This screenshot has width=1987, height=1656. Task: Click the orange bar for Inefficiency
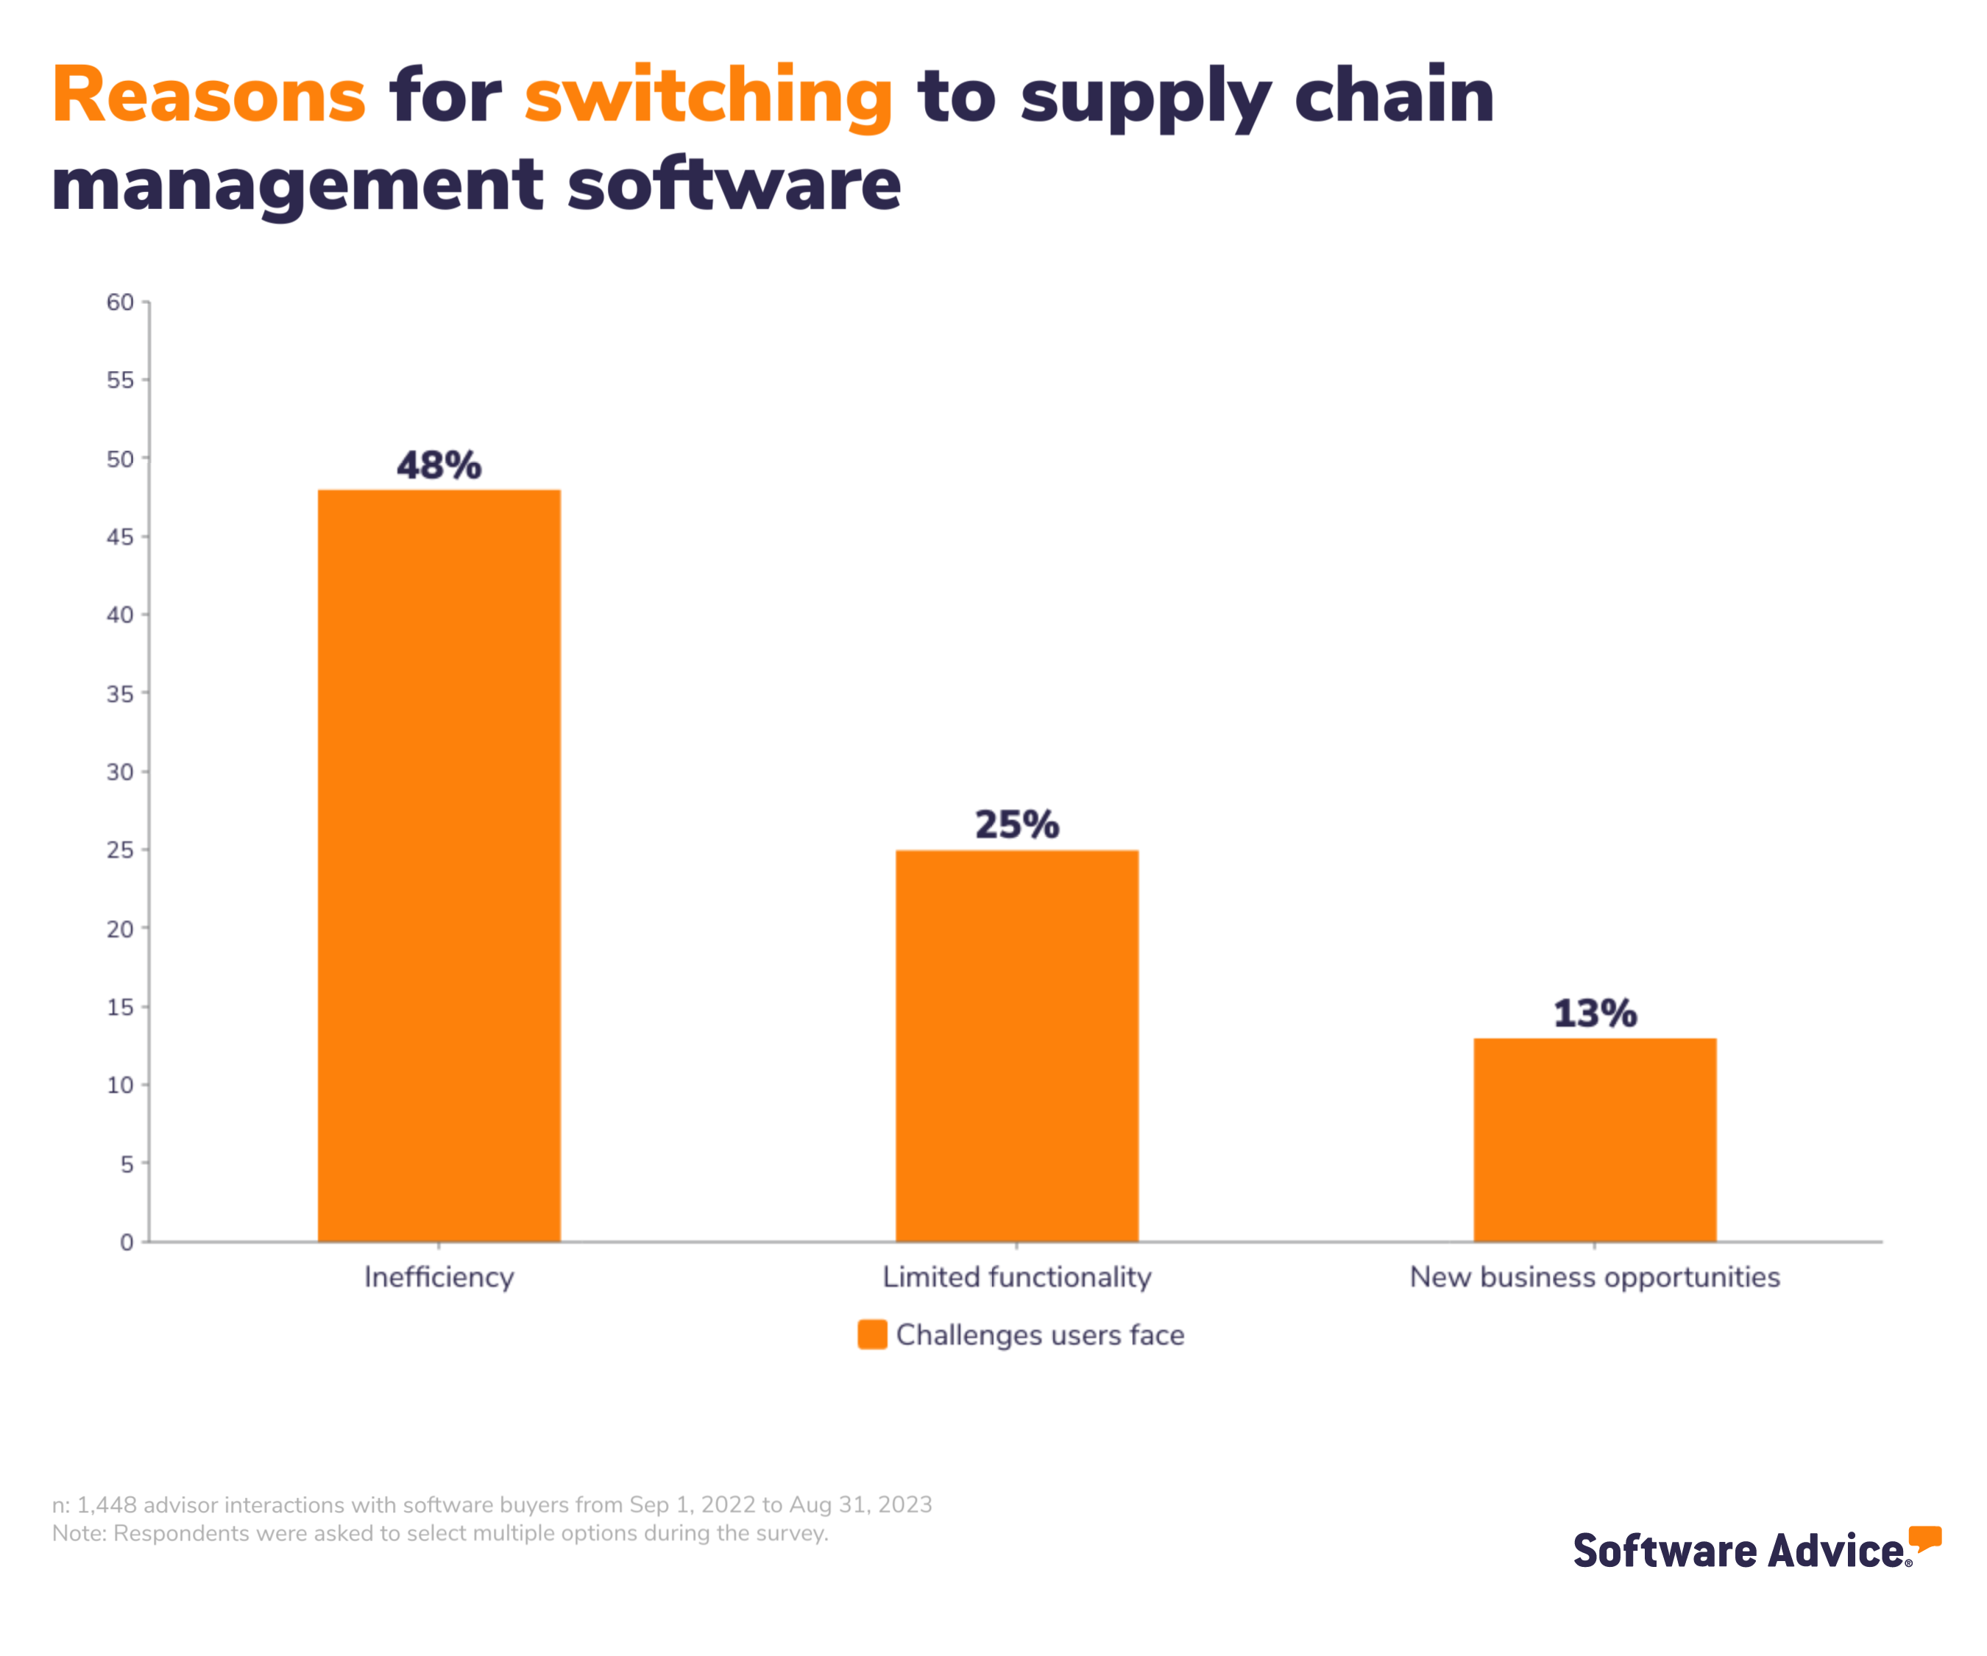tap(439, 865)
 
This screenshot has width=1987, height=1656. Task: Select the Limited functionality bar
tap(1017, 1046)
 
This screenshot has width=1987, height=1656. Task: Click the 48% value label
tap(439, 466)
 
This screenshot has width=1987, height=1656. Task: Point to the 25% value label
tap(1017, 824)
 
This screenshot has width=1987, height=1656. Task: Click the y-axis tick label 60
tap(120, 302)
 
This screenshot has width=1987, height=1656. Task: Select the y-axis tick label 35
tap(120, 693)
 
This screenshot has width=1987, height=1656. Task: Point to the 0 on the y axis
tap(127, 1242)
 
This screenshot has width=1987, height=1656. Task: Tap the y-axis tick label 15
tap(120, 1007)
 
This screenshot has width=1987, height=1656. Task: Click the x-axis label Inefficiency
tap(439, 1278)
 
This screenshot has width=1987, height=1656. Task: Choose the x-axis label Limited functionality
tap(1017, 1278)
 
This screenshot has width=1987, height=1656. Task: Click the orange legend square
tap(871, 1334)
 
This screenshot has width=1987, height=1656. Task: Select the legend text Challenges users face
tap(1040, 1334)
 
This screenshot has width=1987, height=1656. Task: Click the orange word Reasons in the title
tap(209, 96)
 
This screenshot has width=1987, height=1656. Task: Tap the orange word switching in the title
tap(709, 96)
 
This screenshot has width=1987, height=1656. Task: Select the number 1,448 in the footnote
tap(107, 1504)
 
